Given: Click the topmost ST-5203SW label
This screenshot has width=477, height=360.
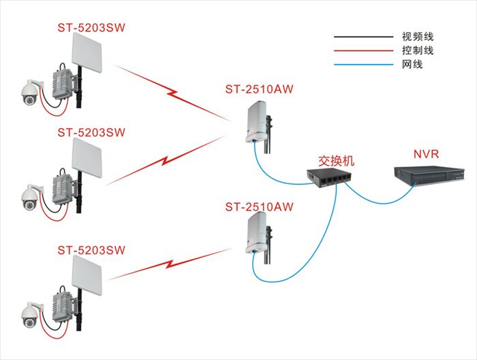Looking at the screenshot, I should [x=92, y=27].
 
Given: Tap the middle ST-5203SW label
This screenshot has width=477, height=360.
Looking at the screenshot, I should [x=92, y=131].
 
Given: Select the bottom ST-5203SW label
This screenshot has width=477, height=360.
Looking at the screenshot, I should [x=92, y=250].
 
